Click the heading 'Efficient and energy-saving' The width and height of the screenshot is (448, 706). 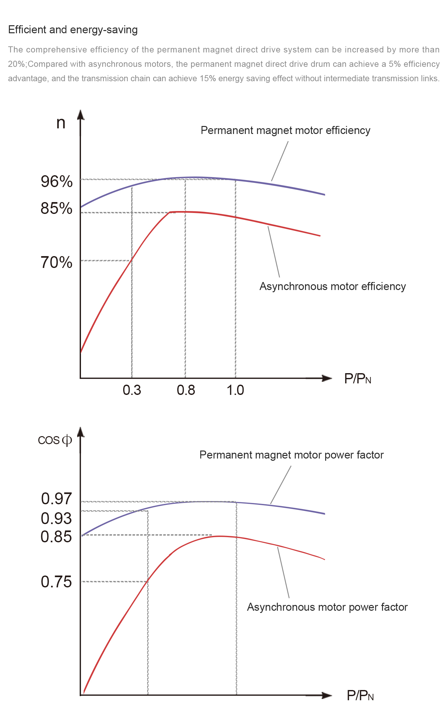click(73, 30)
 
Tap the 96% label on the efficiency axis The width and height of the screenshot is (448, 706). click(57, 182)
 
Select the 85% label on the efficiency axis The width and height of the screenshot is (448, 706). click(56, 208)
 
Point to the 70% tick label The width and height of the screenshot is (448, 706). click(56, 263)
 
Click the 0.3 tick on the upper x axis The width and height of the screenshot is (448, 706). click(132, 390)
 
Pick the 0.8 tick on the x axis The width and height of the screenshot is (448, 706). click(186, 390)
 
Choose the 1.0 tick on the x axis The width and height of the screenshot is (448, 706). click(236, 390)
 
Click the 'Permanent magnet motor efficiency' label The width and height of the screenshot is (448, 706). click(285, 130)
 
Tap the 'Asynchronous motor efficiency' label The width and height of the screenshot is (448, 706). click(332, 286)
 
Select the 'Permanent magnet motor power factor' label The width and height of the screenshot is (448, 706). click(292, 455)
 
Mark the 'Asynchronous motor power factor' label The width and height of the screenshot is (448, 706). click(327, 607)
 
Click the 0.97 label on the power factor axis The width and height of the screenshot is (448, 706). click(56, 499)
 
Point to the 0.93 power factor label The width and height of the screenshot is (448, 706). click(56, 518)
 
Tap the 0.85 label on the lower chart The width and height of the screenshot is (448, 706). click(56, 537)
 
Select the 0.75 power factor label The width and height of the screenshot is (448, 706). click(56, 582)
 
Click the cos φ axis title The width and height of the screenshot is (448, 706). click(55, 440)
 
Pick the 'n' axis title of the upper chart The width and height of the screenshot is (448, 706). click(61, 123)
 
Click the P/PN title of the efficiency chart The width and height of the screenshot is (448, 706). click(357, 379)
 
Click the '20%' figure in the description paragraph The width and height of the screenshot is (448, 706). click(16, 64)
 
